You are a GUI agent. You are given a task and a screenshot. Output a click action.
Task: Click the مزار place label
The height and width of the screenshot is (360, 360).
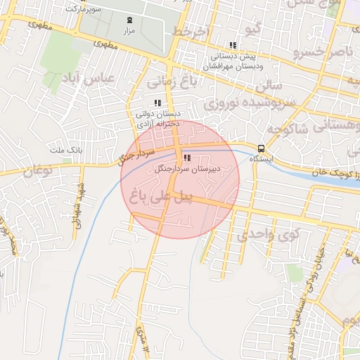point(129,32)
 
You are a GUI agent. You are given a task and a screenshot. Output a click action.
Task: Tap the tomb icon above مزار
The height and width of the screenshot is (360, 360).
point(129,21)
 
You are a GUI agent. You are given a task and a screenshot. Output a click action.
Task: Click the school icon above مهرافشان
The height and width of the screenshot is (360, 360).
point(233,46)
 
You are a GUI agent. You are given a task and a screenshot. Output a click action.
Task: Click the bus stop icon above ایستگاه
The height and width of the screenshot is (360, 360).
point(262,148)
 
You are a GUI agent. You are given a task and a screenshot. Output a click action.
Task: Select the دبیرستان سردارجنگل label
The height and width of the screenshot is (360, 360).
point(186,169)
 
